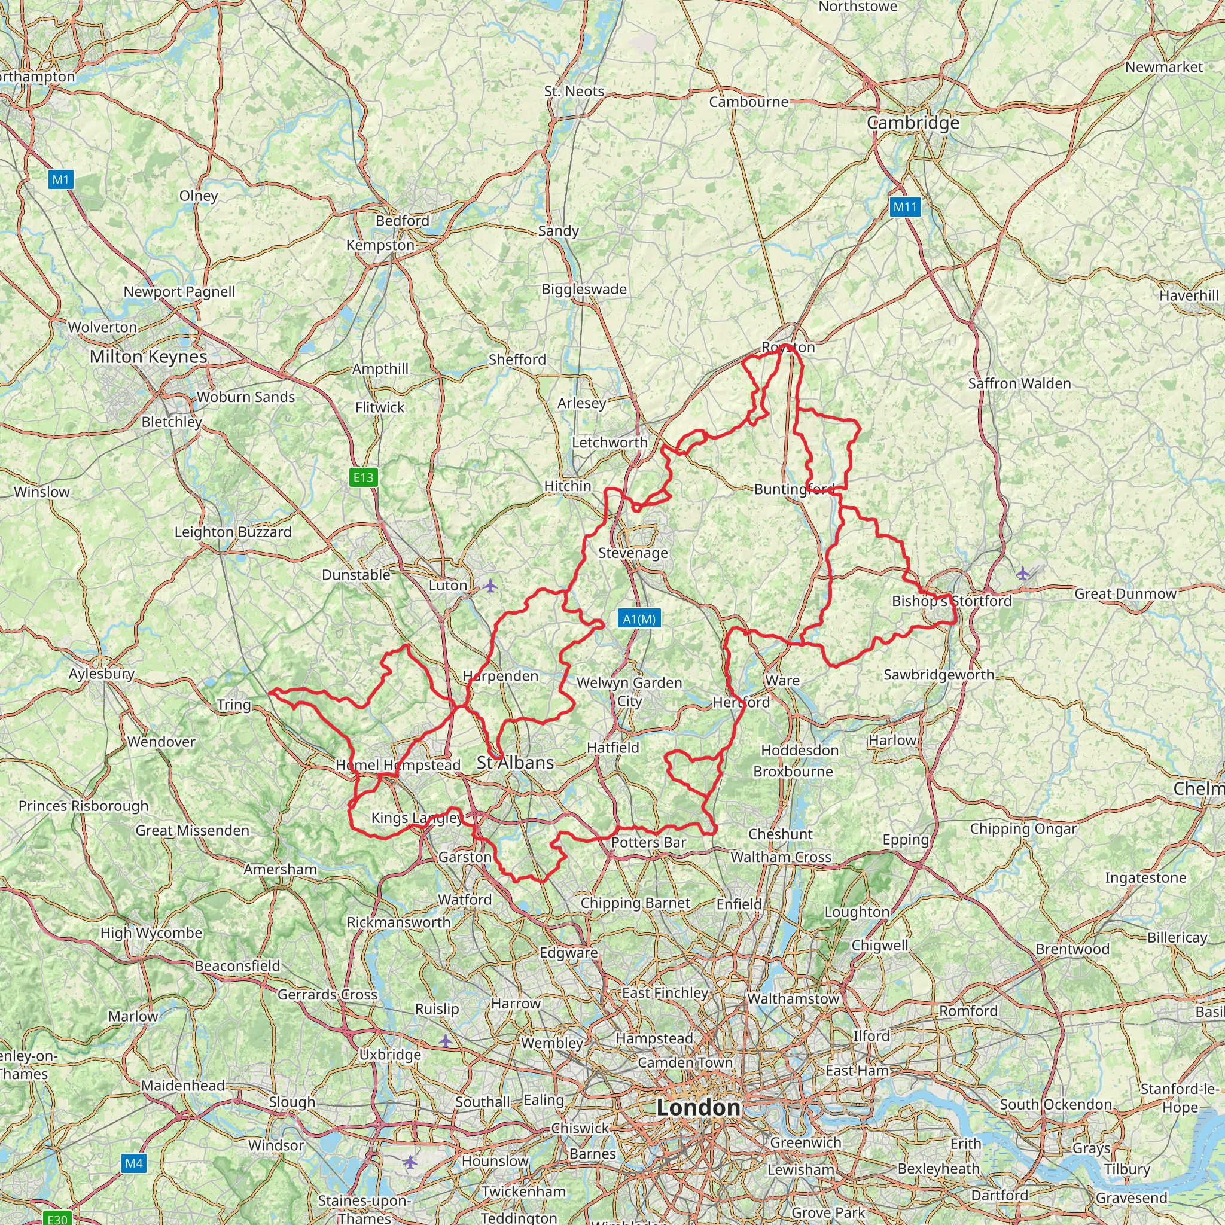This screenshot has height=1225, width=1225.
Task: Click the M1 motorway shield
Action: tap(61, 179)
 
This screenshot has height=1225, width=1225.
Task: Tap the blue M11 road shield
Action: tap(905, 207)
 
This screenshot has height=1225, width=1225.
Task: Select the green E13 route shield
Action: tap(363, 477)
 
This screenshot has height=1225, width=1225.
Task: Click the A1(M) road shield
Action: tap(639, 619)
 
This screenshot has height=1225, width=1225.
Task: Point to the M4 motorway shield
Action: tap(134, 1163)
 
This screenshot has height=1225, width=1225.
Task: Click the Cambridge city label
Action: tap(913, 123)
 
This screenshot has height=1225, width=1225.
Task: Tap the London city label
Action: tap(698, 1108)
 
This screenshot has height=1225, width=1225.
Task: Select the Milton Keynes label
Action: tap(148, 356)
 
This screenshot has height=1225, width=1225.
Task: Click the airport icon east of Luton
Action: tap(490, 585)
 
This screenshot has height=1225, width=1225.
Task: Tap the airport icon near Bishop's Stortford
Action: tap(1022, 574)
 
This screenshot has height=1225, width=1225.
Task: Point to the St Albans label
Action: tap(516, 763)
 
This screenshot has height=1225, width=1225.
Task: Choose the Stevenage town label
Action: tap(633, 553)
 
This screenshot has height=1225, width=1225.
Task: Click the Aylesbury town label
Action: tap(102, 674)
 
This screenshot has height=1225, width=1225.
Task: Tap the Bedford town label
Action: tap(403, 221)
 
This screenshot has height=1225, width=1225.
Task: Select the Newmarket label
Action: tap(1163, 67)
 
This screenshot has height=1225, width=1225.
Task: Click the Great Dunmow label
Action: tap(1126, 593)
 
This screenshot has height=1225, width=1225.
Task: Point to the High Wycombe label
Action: tap(151, 933)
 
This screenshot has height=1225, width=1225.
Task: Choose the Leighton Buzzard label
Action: tap(233, 532)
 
